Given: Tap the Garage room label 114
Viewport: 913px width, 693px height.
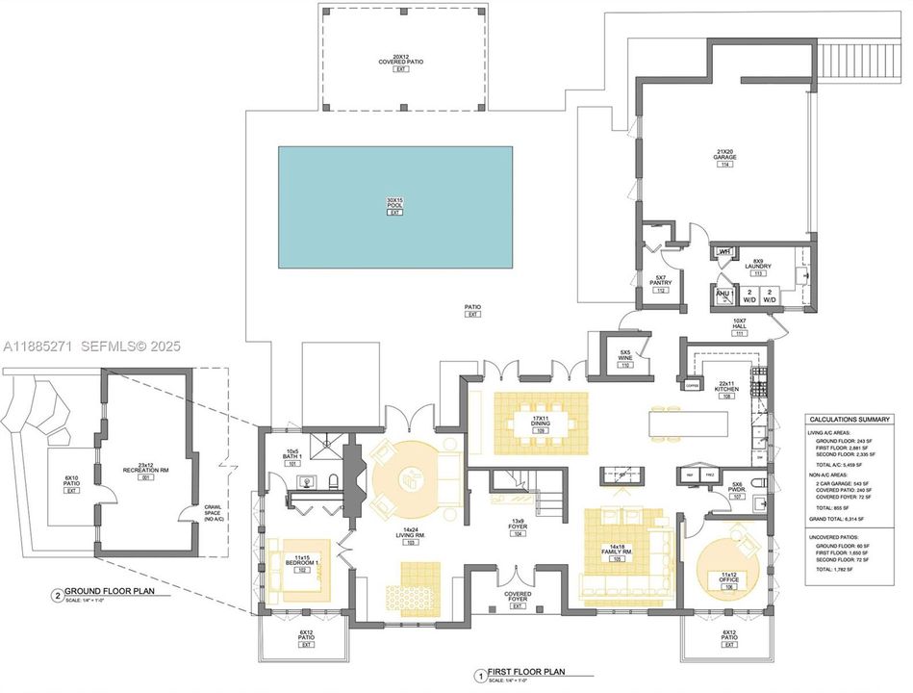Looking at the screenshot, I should [724, 159].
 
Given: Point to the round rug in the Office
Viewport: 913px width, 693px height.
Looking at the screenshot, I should [729, 568].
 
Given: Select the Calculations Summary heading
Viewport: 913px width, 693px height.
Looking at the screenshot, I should [850, 420].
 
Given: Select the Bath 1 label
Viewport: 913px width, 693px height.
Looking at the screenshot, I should [292, 457].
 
